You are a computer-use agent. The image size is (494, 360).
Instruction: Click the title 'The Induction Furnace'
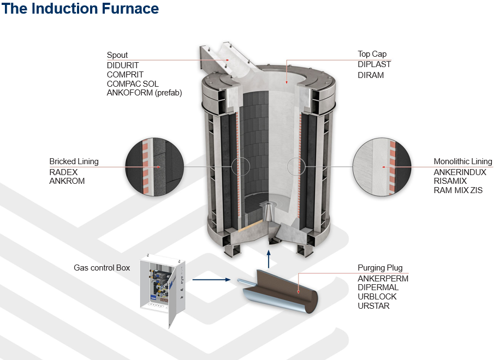point(80,9)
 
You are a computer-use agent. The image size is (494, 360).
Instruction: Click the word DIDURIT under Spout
point(123,65)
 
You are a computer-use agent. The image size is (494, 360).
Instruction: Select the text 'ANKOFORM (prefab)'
point(144,93)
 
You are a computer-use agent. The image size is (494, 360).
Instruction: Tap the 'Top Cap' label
point(372,54)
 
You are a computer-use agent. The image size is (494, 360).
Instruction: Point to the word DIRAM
point(371,75)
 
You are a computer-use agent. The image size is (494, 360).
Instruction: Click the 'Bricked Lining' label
point(74,161)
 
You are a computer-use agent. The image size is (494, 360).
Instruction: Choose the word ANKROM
point(67,181)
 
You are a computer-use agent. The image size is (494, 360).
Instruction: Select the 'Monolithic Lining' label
point(462,161)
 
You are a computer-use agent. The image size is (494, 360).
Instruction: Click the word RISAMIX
point(450,181)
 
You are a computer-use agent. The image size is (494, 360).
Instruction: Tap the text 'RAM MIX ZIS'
point(458,190)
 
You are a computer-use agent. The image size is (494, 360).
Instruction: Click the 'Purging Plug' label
point(380,268)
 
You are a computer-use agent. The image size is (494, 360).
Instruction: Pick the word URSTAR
point(373,306)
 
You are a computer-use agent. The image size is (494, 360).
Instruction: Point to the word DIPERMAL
point(378,287)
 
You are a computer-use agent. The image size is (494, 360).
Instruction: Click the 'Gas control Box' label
point(102,268)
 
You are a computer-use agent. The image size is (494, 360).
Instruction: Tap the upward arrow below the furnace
point(268,257)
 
